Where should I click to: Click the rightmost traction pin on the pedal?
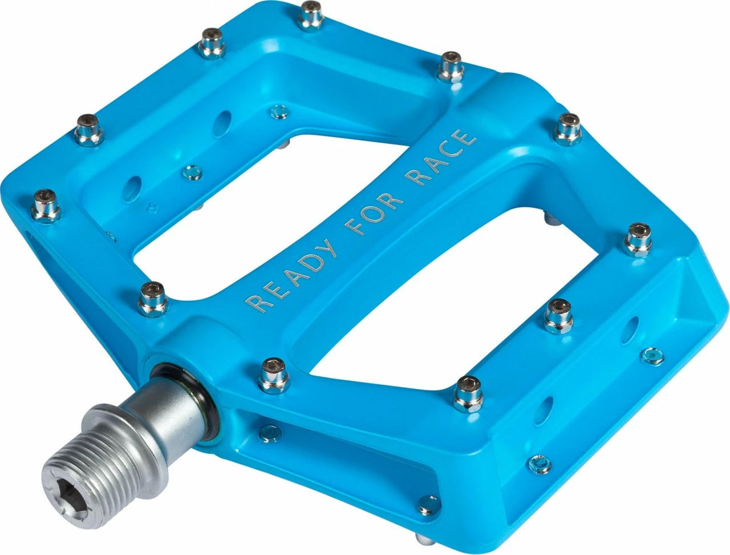[x=638, y=239]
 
